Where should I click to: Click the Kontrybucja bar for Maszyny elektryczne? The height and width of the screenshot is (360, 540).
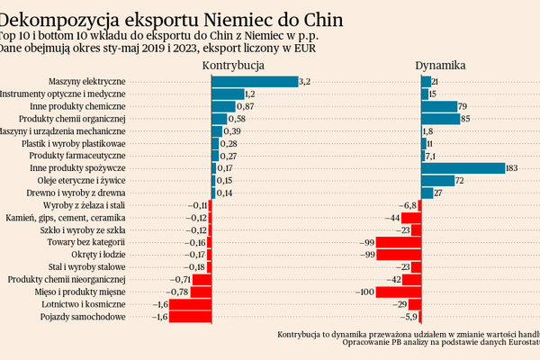[255, 81]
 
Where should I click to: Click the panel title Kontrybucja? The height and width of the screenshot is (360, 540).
[233, 66]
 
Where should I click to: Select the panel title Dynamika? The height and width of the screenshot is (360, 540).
[440, 66]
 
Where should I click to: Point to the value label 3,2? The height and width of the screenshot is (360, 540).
[304, 82]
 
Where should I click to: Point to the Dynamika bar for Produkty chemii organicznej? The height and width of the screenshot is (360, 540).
[440, 119]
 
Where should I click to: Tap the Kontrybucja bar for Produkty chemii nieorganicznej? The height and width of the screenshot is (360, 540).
[202, 280]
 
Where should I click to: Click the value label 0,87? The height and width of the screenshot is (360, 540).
[249, 106]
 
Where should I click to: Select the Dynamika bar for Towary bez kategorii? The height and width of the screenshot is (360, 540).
[399, 243]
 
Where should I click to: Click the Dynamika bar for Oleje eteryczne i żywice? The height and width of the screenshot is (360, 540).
[437, 181]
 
